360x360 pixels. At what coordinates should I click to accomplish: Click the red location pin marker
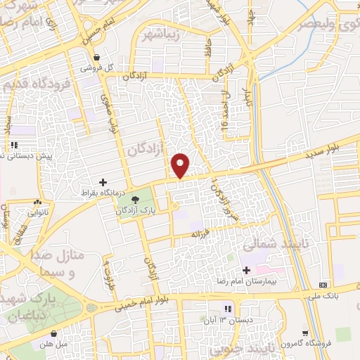[x=181, y=165]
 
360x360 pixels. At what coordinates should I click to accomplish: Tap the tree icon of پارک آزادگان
[x=125, y=199]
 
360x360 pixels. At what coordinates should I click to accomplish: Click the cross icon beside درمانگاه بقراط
[x=103, y=182]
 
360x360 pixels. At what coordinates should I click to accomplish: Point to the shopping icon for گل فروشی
[x=98, y=58]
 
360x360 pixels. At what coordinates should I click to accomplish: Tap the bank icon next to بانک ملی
[x=323, y=285]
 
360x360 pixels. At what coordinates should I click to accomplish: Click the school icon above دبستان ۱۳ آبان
[x=227, y=309]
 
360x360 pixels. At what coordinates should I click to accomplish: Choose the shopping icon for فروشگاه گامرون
[x=305, y=333]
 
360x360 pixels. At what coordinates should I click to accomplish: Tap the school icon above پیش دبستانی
[x=14, y=146]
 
